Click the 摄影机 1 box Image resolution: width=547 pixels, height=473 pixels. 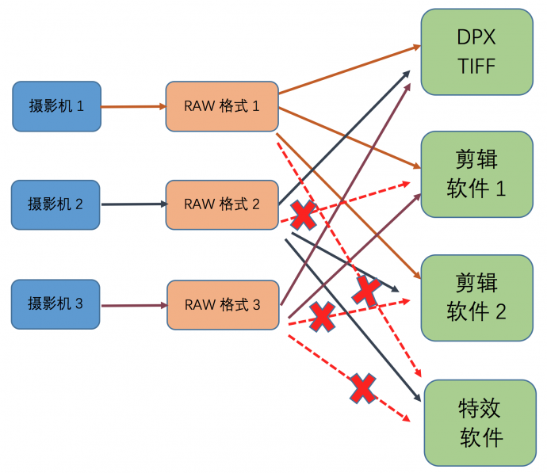point(56,105)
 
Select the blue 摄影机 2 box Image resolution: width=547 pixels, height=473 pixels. point(55,204)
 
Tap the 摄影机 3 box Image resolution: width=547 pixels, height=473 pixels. point(55,303)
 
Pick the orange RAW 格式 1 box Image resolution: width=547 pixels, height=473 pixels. point(222,105)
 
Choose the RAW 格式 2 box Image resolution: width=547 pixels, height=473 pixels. point(222,204)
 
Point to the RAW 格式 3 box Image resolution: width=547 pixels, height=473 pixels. point(223,304)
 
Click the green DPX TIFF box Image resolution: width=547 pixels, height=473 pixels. point(476,51)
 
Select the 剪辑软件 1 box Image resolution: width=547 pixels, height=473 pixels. point(476,174)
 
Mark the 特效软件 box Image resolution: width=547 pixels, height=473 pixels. point(480,422)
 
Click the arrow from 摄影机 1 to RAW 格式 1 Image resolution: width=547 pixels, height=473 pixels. point(133,106)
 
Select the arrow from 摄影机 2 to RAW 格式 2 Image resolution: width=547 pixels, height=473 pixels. point(133,204)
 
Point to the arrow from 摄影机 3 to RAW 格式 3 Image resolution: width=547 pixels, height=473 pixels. point(133,304)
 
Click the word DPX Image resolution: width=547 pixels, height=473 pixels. point(476,37)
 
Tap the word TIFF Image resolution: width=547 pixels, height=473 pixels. point(476,66)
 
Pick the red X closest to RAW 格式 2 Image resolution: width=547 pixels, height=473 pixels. point(304,213)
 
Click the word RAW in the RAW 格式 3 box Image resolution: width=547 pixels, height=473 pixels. point(198,304)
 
